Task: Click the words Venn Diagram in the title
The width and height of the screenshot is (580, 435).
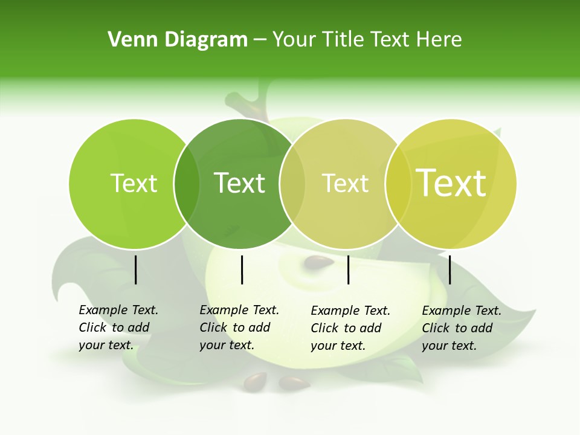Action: coord(178,40)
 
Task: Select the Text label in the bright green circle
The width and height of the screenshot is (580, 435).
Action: coord(134,183)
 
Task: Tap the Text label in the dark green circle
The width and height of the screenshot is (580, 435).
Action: coord(239,183)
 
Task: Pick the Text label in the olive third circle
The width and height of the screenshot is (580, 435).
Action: coord(345,183)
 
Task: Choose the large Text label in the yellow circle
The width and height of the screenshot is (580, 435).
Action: coord(451,183)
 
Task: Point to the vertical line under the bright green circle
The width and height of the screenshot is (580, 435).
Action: coord(135,269)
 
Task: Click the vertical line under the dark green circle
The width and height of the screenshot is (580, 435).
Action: coord(242,269)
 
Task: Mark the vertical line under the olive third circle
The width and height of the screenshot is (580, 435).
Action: coord(348,269)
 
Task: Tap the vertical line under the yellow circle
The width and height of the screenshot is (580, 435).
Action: coord(449,269)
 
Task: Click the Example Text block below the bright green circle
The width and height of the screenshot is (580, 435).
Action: coord(118,327)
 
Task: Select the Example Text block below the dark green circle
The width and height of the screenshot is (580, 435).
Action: coord(239,327)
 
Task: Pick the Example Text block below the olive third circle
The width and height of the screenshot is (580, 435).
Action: coord(350,328)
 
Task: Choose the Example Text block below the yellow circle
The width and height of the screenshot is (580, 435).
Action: coord(461,328)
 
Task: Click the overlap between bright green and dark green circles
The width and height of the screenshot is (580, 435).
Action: coord(187,184)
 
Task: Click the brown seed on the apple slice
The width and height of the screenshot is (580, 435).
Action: coord(318,262)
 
